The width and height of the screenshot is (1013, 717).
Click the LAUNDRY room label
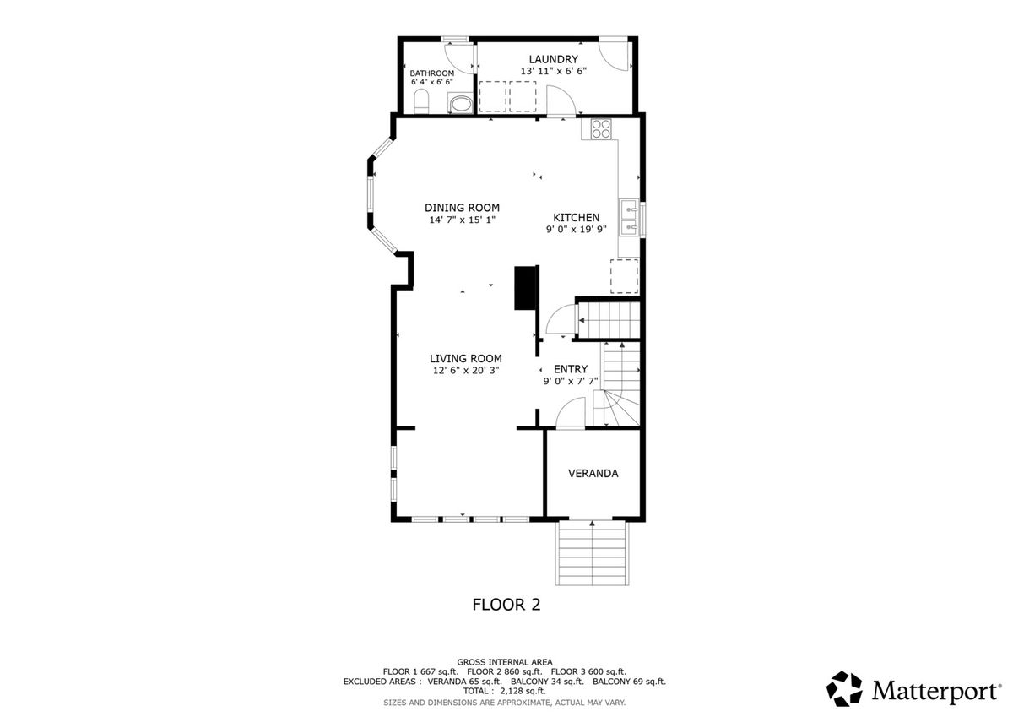tap(553, 59)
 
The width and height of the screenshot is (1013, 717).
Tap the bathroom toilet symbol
tap(421, 101)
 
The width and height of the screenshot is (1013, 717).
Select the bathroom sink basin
tap(460, 104)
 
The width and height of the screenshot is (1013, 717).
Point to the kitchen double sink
tap(629, 217)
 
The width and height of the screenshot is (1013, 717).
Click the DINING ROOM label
tap(462, 208)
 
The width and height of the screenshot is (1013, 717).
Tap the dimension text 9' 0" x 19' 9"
tap(576, 230)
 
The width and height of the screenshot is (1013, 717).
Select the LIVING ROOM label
tap(465, 359)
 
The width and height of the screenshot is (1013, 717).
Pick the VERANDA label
tap(593, 473)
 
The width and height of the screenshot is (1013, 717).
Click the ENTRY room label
tap(571, 369)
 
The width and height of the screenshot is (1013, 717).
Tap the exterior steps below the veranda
tap(592, 553)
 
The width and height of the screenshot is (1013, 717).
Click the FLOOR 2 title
tap(506, 605)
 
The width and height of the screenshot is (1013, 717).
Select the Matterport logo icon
tap(844, 688)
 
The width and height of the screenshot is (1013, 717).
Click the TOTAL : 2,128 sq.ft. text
tap(504, 691)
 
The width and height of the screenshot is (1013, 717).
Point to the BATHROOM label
tap(432, 73)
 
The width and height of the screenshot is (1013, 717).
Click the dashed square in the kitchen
tap(624, 276)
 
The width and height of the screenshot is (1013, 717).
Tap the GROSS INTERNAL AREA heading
tap(504, 662)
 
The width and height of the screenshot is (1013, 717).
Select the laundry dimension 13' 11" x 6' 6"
tap(554, 71)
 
